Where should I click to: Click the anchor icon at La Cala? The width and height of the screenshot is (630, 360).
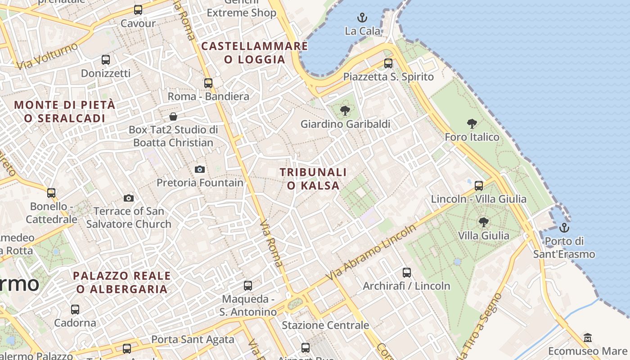pyautogui.click(x=362, y=18)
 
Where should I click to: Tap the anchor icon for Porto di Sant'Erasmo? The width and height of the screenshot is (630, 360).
pyautogui.click(x=564, y=228)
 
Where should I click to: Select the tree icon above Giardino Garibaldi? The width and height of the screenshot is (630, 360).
pyautogui.click(x=345, y=110)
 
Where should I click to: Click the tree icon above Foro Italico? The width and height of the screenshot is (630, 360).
pyautogui.click(x=472, y=124)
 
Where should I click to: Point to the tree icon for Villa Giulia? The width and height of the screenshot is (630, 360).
pyautogui.click(x=484, y=222)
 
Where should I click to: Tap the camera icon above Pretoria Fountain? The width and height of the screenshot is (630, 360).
pyautogui.click(x=200, y=169)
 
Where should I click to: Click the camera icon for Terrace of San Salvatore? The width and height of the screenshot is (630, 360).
pyautogui.click(x=129, y=198)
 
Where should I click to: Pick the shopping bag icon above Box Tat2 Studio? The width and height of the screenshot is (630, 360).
pyautogui.click(x=173, y=117)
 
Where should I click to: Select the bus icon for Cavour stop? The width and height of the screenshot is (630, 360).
pyautogui.click(x=138, y=10)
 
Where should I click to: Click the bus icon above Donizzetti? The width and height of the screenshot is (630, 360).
pyautogui.click(x=106, y=59)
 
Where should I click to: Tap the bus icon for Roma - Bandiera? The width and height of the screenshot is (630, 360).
pyautogui.click(x=208, y=83)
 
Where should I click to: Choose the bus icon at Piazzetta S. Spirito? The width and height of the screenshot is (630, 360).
pyautogui.click(x=388, y=63)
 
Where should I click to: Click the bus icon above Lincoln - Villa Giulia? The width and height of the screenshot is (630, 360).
pyautogui.click(x=479, y=185)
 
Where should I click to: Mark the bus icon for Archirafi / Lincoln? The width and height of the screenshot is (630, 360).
pyautogui.click(x=407, y=272)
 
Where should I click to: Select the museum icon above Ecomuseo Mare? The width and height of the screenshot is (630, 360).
pyautogui.click(x=587, y=337)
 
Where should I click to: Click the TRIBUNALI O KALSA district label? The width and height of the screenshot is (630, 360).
pyautogui.click(x=313, y=179)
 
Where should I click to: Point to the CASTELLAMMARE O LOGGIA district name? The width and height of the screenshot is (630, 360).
pyautogui.click(x=255, y=53)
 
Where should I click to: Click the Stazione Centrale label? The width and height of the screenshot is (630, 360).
pyautogui.click(x=325, y=325)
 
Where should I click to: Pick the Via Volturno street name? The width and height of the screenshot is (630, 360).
pyautogui.click(x=48, y=57)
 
